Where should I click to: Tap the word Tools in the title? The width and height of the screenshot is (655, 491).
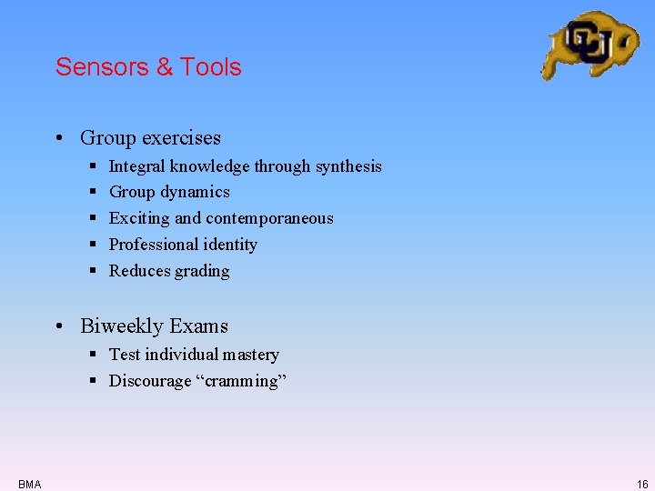(x=211, y=67)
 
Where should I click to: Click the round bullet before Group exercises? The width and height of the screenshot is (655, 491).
(x=57, y=139)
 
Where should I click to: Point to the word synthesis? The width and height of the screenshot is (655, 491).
(x=348, y=166)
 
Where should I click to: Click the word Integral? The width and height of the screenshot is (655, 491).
(x=137, y=166)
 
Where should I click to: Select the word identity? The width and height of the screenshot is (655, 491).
(x=232, y=245)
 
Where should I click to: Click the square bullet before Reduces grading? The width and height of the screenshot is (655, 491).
(x=95, y=271)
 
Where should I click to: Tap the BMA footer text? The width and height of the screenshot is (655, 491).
(x=29, y=485)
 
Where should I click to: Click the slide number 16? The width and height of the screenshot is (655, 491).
(x=642, y=485)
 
